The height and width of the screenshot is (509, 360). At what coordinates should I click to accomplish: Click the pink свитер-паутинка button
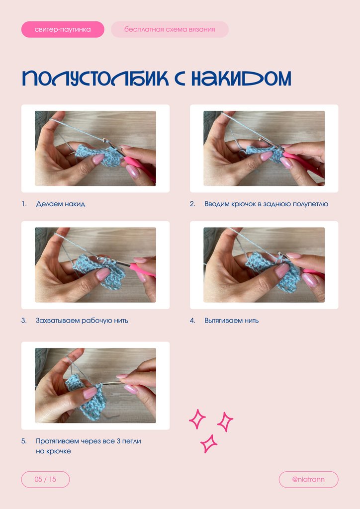pyautogui.click(x=63, y=29)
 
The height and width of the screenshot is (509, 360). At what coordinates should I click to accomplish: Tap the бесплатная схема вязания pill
pyautogui.click(x=170, y=29)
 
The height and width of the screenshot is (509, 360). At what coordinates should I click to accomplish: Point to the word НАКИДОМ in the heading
pyautogui.click(x=241, y=78)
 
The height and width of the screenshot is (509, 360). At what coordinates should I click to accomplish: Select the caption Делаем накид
pyautogui.click(x=60, y=204)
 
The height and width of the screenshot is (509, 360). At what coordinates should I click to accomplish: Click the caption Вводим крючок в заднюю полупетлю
pyautogui.click(x=266, y=204)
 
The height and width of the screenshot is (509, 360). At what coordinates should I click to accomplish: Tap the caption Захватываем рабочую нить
pyautogui.click(x=82, y=321)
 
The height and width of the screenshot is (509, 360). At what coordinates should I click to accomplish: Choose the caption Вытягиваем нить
pyautogui.click(x=231, y=321)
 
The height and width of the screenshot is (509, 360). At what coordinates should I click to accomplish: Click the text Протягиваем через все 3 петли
pyautogui.click(x=89, y=441)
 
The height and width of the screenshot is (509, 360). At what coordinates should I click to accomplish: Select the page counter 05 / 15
pyautogui.click(x=45, y=480)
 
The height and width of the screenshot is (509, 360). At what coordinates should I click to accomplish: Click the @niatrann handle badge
pyautogui.click(x=308, y=480)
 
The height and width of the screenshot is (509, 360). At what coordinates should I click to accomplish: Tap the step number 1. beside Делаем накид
pyautogui.click(x=24, y=204)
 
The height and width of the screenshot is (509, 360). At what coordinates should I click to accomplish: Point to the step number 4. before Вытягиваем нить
pyautogui.click(x=192, y=321)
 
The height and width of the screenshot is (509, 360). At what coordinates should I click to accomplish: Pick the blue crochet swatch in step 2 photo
pyautogui.click(x=265, y=154)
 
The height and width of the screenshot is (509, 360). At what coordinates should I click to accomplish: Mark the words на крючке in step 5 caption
pyautogui.click(x=53, y=451)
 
